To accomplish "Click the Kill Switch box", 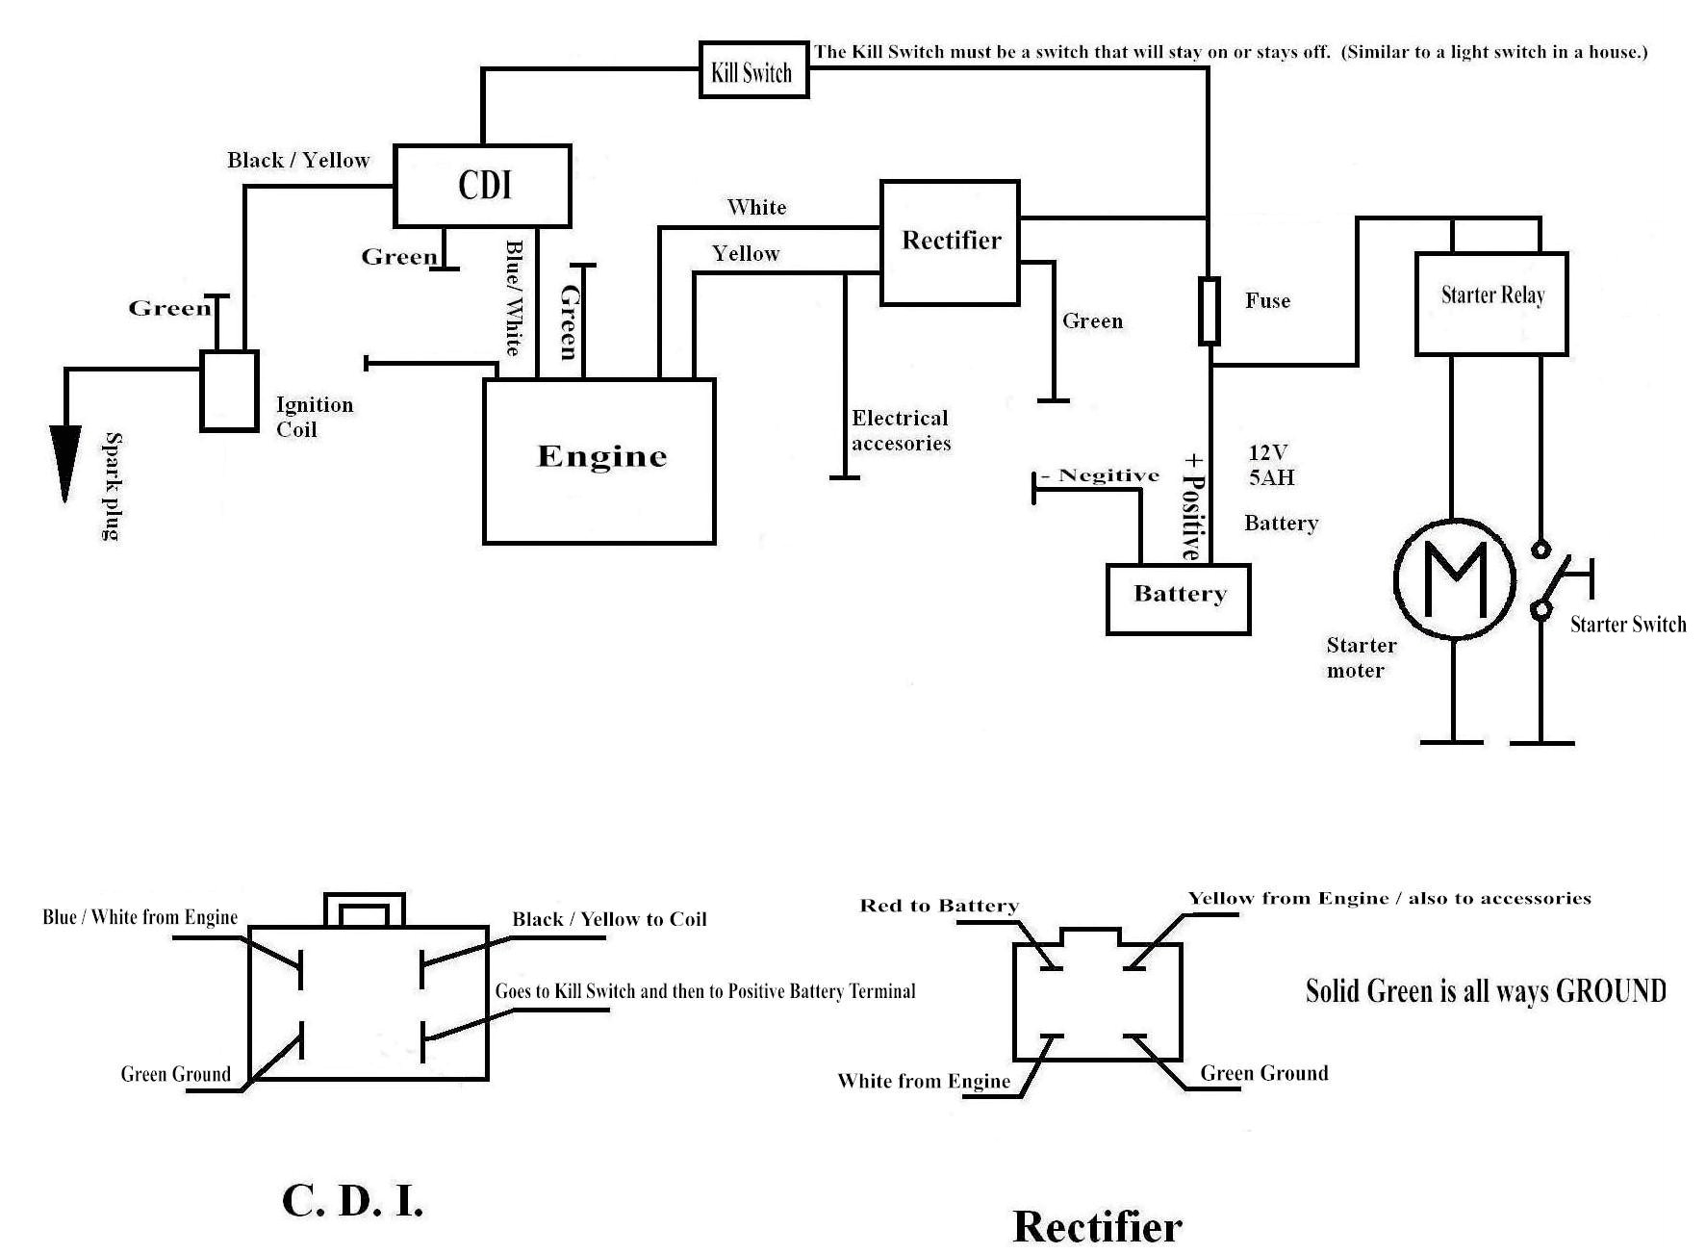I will pos(752,70).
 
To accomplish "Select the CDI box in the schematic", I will pos(482,186).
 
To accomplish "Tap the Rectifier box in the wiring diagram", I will pos(950,242).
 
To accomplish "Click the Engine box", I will pos(598,460).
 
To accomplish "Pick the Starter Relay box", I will pos(1491,303).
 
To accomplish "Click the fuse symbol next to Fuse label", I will pos(1209,311).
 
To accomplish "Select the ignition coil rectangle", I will pos(229,391).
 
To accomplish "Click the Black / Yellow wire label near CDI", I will pos(298,160).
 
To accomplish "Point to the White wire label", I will pos(756,207).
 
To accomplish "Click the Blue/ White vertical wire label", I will pos(514,297).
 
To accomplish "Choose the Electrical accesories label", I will pos(901,430).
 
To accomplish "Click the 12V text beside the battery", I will pos(1268,451).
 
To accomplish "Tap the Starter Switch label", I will pos(1627,625).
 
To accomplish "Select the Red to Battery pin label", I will pos(938,906).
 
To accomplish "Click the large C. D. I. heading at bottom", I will pos(352,1200).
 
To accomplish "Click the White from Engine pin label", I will pos(924,1081).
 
